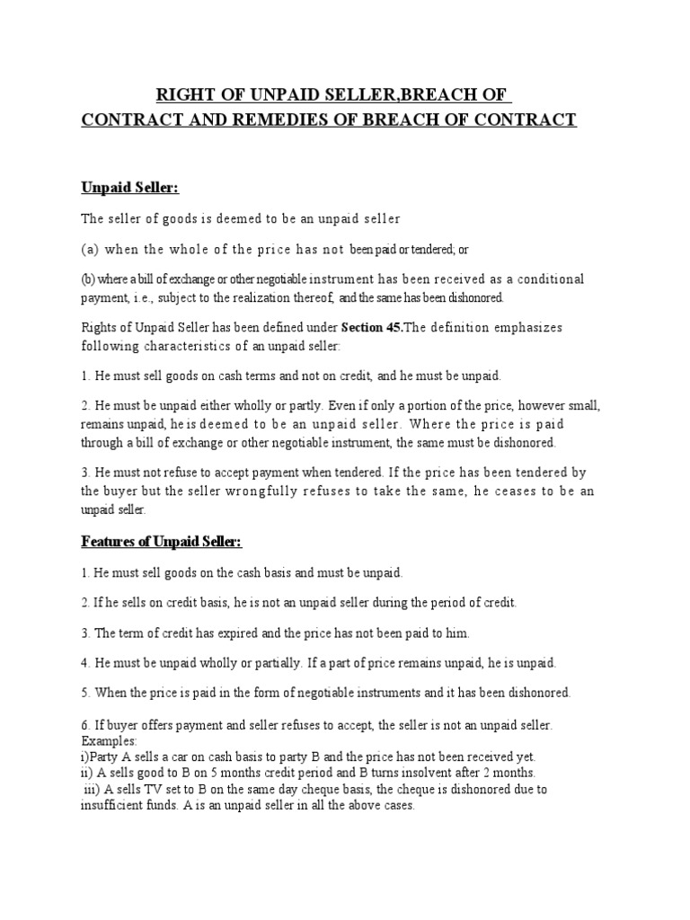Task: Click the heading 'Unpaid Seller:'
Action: pyautogui.click(x=130, y=188)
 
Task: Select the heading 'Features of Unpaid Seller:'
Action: pyautogui.click(x=162, y=543)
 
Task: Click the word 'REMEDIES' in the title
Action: pyautogui.click(x=280, y=119)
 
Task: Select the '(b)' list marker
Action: pyautogui.click(x=89, y=279)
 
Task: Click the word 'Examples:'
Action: pyautogui.click(x=109, y=741)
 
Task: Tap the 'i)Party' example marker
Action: pyautogui.click(x=99, y=756)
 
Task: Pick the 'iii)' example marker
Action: pyautogui.click(x=93, y=789)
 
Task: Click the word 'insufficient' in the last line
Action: pyautogui.click(x=112, y=805)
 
